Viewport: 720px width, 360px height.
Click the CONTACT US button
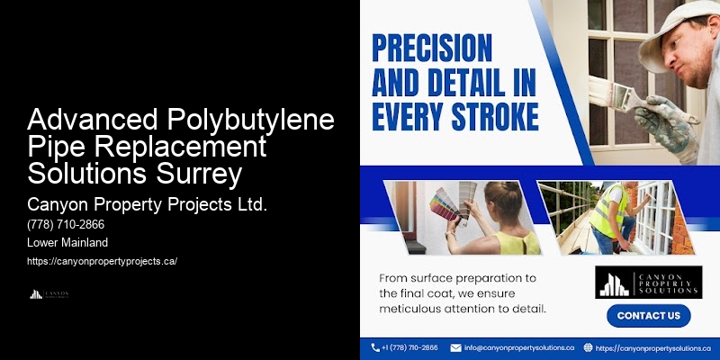pos(648,316)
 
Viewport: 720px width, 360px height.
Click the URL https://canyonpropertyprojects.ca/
pos(102,261)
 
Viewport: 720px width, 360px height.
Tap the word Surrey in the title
pos(206,170)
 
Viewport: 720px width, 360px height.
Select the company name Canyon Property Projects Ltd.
pos(148,204)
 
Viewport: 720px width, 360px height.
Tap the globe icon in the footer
pos(589,347)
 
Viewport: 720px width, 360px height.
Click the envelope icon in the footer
pos(456,347)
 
